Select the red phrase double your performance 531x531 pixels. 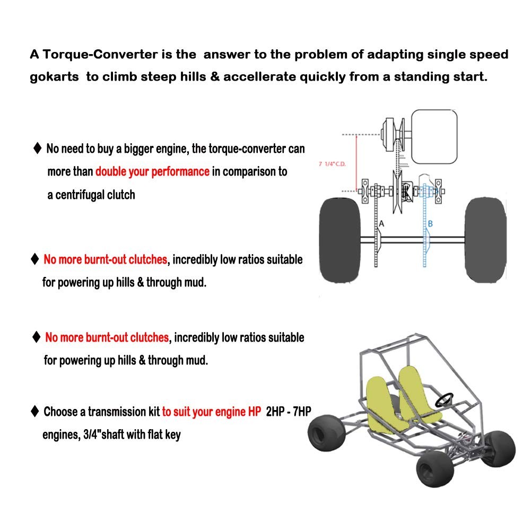[x=152, y=172]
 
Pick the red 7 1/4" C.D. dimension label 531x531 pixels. [x=332, y=164]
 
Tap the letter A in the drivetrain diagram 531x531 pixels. [x=381, y=224]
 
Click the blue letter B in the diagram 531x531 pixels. [x=430, y=224]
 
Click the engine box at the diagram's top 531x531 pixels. [x=434, y=136]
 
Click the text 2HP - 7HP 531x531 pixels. [x=288, y=412]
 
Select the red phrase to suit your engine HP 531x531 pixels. [x=212, y=412]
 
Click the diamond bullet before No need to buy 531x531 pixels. [x=37, y=148]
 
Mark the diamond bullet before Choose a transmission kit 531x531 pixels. [x=35, y=411]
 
